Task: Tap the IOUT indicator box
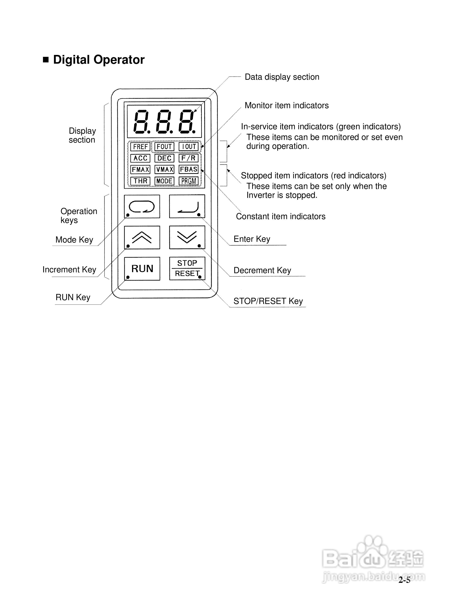[x=188, y=147]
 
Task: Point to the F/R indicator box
[x=188, y=158]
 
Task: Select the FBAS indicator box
[x=188, y=169]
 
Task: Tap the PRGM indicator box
[x=188, y=181]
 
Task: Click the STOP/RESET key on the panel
[x=187, y=268]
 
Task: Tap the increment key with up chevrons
[x=142, y=237]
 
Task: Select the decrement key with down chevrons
[x=187, y=237]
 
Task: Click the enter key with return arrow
[x=187, y=206]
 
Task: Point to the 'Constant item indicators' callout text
[x=280, y=216]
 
